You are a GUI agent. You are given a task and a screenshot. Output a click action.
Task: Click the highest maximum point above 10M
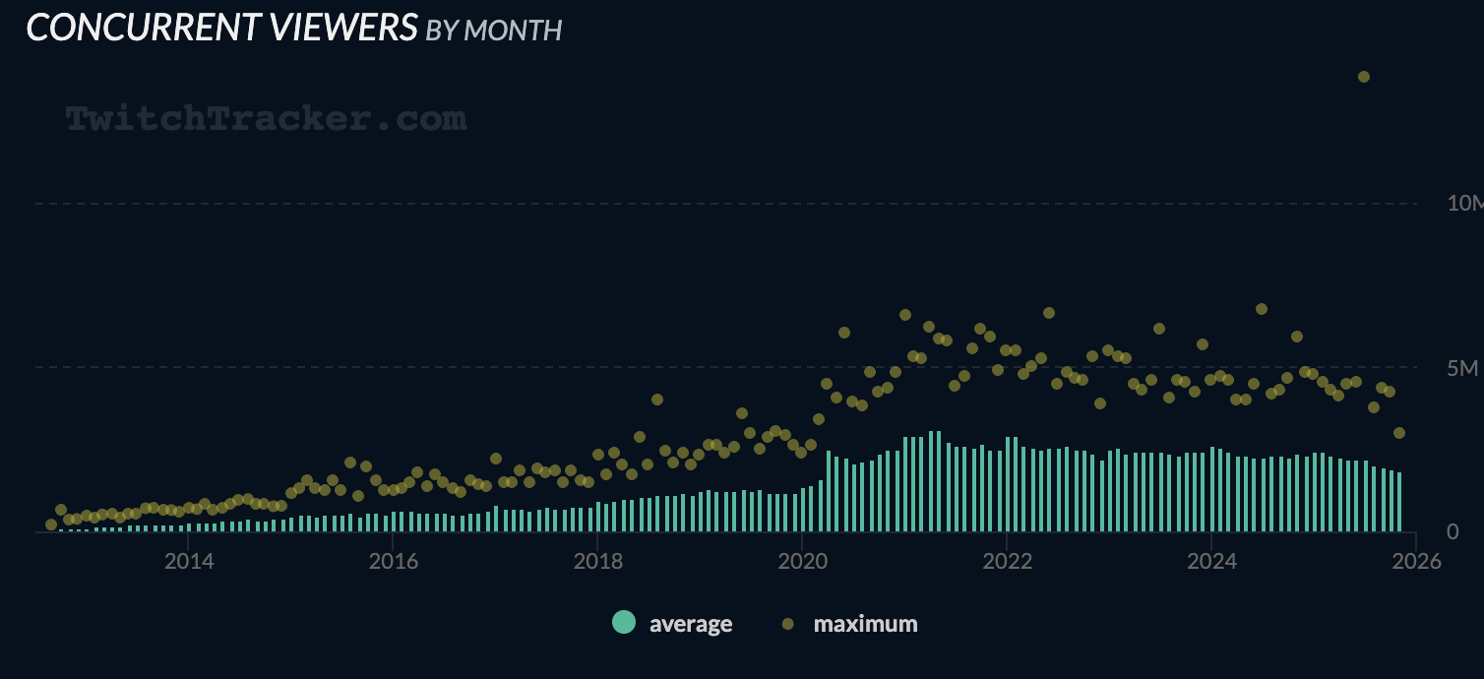[1363, 77]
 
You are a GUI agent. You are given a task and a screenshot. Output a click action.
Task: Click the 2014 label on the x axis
[189, 562]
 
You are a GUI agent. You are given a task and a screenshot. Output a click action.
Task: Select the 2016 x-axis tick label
[393, 562]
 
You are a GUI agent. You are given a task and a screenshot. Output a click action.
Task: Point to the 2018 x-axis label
[597, 562]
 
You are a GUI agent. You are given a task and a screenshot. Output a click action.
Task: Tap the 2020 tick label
[802, 562]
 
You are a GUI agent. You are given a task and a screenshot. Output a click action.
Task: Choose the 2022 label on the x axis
[1007, 562]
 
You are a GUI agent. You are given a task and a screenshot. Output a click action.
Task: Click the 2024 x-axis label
[1211, 562]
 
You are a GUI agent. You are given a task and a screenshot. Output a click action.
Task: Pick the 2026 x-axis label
[1416, 562]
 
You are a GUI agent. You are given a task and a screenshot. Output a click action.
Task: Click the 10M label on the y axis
[1464, 203]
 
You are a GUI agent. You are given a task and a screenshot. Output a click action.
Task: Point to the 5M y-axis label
[1462, 368]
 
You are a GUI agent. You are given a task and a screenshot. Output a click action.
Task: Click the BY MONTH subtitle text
[493, 31]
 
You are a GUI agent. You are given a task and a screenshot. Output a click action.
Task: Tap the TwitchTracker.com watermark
[266, 119]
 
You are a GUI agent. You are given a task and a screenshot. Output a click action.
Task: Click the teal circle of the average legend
[624, 623]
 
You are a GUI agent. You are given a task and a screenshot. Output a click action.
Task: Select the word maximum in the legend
[865, 624]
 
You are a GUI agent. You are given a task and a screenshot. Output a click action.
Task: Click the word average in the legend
[690, 624]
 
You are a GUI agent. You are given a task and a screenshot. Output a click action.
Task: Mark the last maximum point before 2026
[1398, 433]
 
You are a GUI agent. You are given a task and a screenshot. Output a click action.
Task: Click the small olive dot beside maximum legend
[787, 623]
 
